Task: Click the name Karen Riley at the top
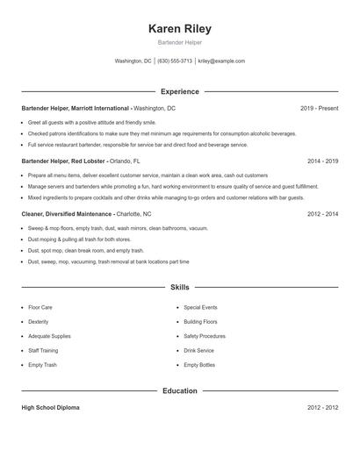(180, 28)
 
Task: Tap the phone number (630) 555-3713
(175, 61)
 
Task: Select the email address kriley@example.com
(221, 61)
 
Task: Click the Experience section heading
(180, 91)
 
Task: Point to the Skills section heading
(180, 287)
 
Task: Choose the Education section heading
(180, 390)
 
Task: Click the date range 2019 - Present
(319, 108)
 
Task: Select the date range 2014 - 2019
(322, 161)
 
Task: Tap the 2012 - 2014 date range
(322, 214)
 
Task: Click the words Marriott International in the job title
(97, 108)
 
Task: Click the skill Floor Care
(40, 307)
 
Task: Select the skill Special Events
(200, 307)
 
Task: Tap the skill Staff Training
(43, 350)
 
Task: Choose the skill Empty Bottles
(199, 364)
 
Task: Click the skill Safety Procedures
(205, 336)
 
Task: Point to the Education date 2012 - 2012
(322, 408)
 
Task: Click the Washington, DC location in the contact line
(133, 61)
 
